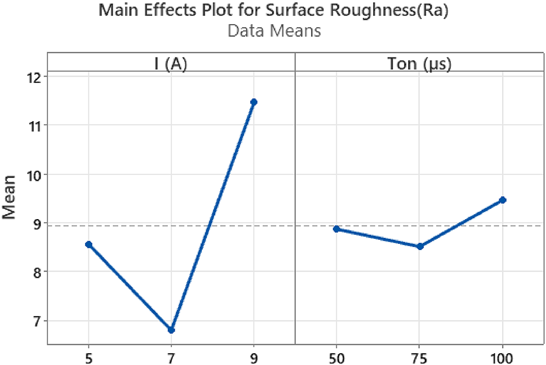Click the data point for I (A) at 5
(88, 244)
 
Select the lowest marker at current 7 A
(171, 330)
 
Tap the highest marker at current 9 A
(254, 102)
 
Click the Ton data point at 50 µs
(336, 229)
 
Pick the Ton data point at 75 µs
(420, 247)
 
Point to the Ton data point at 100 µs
(503, 200)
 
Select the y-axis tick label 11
(34, 126)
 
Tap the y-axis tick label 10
(34, 175)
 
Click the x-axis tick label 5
(88, 356)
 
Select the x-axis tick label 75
(420, 356)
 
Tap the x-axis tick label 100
(503, 356)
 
